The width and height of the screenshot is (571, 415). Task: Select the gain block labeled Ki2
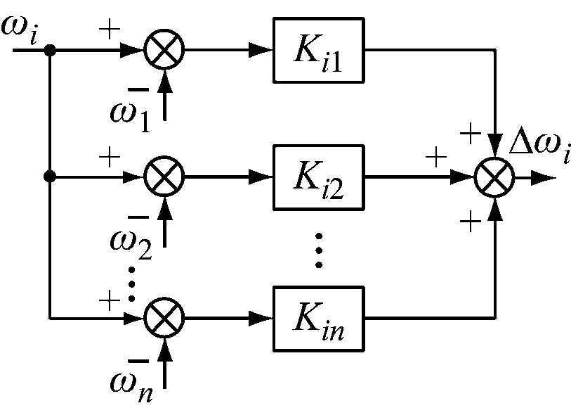point(317,177)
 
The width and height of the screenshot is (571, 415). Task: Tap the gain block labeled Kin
point(317,317)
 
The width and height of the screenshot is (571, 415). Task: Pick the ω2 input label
point(131,241)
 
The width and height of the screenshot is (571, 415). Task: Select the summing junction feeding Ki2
point(164,177)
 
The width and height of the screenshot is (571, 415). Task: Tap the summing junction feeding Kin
point(164,317)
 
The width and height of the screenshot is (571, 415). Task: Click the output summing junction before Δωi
point(495,177)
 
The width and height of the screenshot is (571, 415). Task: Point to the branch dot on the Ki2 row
point(49,177)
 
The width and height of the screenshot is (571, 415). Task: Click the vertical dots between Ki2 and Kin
point(317,250)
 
